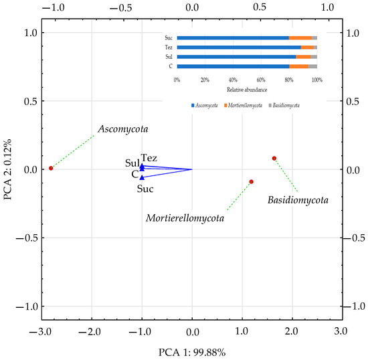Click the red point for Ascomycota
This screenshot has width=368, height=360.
click(x=51, y=169)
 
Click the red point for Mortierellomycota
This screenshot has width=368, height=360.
click(x=251, y=181)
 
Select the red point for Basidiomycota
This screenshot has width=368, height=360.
click(x=274, y=159)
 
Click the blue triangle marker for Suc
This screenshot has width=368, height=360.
click(x=142, y=177)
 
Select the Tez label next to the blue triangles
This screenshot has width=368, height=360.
click(x=149, y=158)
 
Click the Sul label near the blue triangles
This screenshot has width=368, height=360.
click(x=132, y=163)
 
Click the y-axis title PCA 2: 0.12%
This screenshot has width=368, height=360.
click(x=8, y=169)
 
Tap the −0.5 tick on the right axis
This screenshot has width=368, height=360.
click(x=355, y=238)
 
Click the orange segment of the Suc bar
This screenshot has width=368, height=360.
click(x=300, y=38)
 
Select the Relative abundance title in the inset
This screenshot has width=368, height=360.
click(x=246, y=89)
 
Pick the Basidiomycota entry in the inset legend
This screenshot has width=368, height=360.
click(x=286, y=106)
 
